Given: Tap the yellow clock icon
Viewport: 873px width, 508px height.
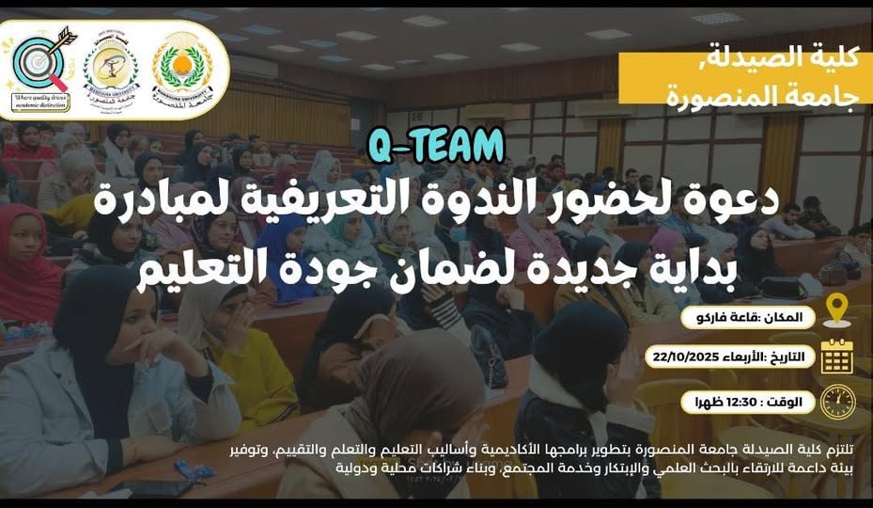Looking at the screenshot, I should tap(836, 402).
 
